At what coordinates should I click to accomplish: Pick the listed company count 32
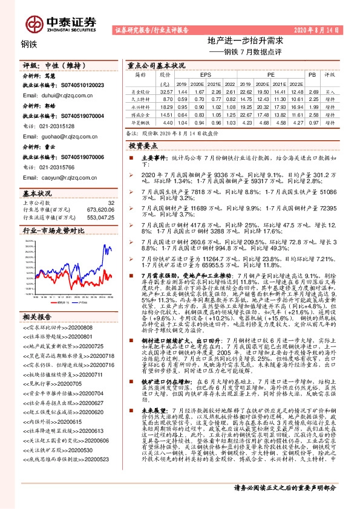[x=110, y=203]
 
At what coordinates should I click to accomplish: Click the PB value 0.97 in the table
[x=312, y=122]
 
